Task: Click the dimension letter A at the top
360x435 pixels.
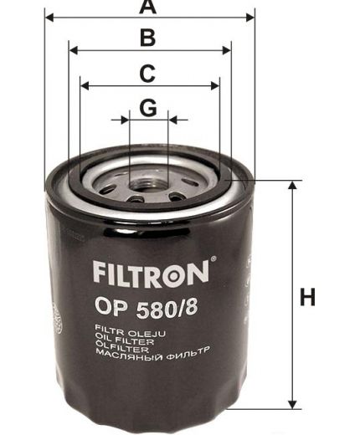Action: coord(148,8)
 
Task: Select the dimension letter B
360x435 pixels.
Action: coord(148,38)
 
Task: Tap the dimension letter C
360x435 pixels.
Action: coord(147,73)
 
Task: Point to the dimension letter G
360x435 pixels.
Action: coord(148,108)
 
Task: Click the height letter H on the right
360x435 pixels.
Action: coord(308,297)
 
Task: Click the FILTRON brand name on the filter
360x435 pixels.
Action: coord(147,271)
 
